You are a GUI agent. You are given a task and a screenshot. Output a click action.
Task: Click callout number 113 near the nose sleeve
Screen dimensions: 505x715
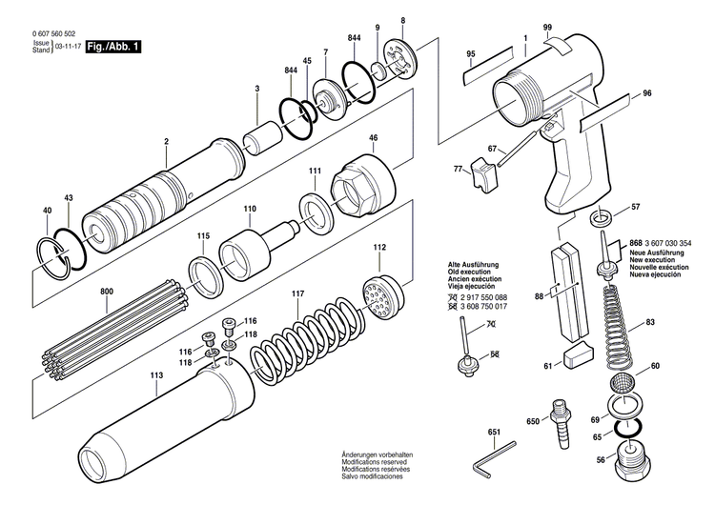[x=155, y=374]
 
